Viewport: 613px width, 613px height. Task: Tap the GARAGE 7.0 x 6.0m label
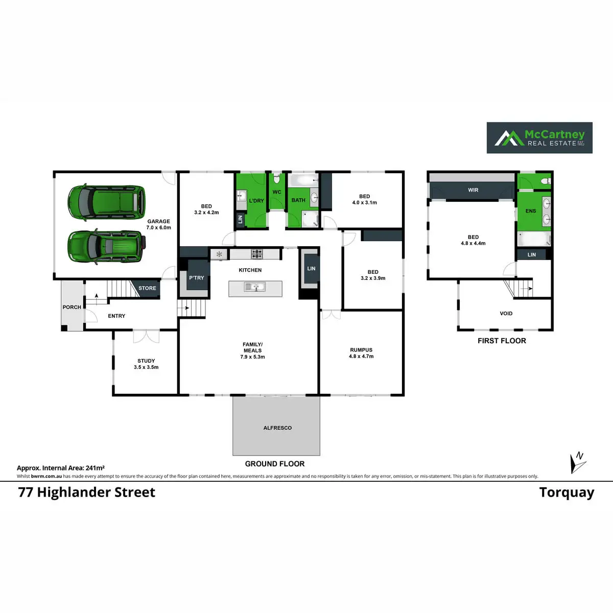(x=159, y=225)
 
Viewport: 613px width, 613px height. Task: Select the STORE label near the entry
(x=147, y=288)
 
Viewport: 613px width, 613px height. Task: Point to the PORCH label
(x=72, y=307)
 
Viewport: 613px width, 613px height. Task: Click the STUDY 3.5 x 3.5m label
(x=146, y=364)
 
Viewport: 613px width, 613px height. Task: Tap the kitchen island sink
(x=255, y=288)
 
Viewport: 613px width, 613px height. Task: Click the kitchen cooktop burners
(x=256, y=253)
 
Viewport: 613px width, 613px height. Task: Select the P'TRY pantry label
(x=197, y=278)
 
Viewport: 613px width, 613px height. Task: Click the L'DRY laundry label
(x=256, y=201)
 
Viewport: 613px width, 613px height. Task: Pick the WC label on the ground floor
(x=277, y=193)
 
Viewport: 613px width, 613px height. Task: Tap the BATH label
(x=298, y=200)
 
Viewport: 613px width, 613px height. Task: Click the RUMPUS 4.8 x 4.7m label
(x=361, y=353)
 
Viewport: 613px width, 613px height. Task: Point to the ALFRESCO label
(x=277, y=428)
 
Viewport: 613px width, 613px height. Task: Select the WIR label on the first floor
(x=473, y=190)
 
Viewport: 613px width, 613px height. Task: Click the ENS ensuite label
(x=531, y=211)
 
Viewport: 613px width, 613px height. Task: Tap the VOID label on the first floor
(x=506, y=314)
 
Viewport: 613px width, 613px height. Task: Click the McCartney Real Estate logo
(x=539, y=138)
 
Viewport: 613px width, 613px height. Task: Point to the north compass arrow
(x=577, y=462)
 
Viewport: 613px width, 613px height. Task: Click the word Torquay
(x=567, y=493)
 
